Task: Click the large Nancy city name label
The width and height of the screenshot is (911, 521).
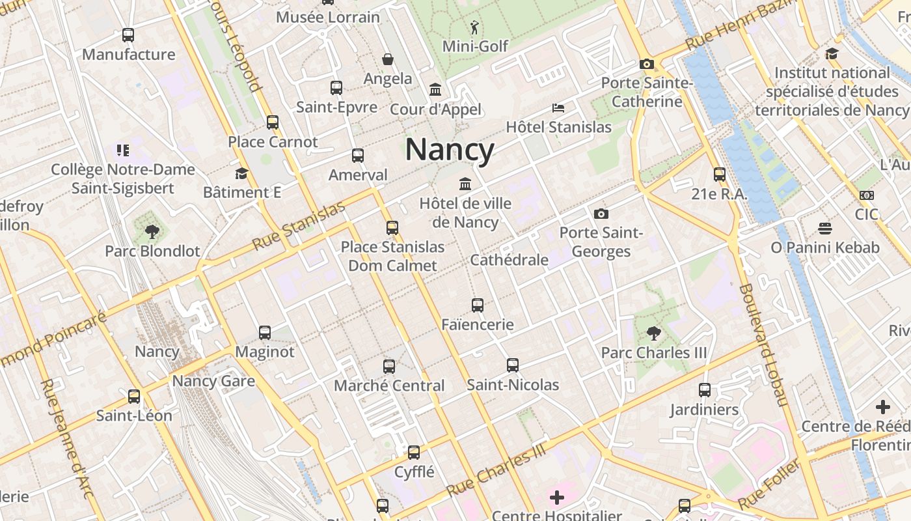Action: tap(450, 150)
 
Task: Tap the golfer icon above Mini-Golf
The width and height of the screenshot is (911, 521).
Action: tap(475, 27)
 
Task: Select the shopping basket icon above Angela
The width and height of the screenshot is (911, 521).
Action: tap(388, 60)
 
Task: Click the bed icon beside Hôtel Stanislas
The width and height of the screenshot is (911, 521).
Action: tap(558, 107)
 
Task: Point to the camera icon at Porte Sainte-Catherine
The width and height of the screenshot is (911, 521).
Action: tap(646, 64)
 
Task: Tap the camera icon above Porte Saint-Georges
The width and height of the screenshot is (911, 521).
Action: tap(601, 214)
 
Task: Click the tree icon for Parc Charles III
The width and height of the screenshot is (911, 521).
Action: tap(654, 334)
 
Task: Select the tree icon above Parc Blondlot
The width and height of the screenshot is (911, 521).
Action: tap(152, 231)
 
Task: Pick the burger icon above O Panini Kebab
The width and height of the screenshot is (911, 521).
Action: tap(825, 229)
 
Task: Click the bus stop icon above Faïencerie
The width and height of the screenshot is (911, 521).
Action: tap(478, 305)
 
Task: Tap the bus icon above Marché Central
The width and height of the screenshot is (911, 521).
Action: tap(389, 366)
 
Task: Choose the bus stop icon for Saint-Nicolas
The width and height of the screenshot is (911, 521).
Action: tap(513, 365)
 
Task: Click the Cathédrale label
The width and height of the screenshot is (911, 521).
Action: tap(510, 260)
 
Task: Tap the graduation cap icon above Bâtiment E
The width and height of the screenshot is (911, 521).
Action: tap(241, 173)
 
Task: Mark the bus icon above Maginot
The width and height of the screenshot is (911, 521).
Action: tap(265, 333)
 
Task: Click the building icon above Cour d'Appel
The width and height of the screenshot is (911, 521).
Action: tap(435, 89)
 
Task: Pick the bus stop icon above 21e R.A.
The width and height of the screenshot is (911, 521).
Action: tap(719, 175)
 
